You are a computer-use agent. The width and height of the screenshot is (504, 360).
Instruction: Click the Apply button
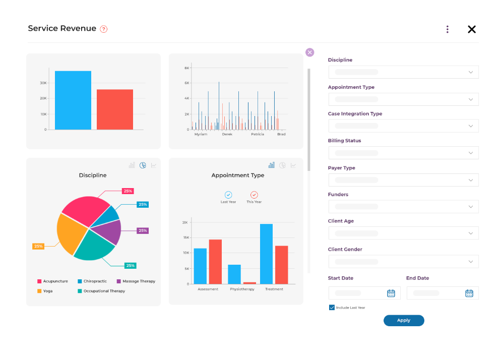[404, 321]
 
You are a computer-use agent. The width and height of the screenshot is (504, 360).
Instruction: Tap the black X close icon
[472, 29]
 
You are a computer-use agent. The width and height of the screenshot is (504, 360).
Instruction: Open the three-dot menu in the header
[447, 29]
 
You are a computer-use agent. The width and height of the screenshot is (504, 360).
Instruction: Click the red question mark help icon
[104, 29]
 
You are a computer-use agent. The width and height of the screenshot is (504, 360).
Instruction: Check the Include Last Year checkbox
[332, 307]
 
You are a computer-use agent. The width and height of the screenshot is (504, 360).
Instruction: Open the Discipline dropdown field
[403, 72]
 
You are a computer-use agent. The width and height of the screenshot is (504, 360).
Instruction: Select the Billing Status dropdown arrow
[470, 153]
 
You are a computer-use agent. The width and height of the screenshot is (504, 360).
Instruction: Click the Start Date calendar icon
[391, 293]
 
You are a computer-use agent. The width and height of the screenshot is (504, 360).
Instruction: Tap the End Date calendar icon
[469, 293]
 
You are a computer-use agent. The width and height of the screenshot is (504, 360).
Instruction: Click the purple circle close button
[309, 52]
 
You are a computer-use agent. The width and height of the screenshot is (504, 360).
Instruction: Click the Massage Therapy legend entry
[136, 281]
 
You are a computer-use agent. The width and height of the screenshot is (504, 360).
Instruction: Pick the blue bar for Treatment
[266, 254]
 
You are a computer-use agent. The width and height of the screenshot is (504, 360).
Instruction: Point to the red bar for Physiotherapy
[249, 283]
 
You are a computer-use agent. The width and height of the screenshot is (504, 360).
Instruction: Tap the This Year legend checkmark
[254, 195]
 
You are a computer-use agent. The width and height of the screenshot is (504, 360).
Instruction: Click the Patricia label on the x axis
[257, 134]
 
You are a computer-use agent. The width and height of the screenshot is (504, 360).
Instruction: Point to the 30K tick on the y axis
[43, 83]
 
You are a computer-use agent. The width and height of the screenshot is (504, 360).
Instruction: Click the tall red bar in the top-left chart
[115, 109]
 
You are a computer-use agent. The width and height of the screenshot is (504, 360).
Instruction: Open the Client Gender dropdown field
[403, 261]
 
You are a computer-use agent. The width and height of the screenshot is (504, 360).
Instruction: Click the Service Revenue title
[62, 29]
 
